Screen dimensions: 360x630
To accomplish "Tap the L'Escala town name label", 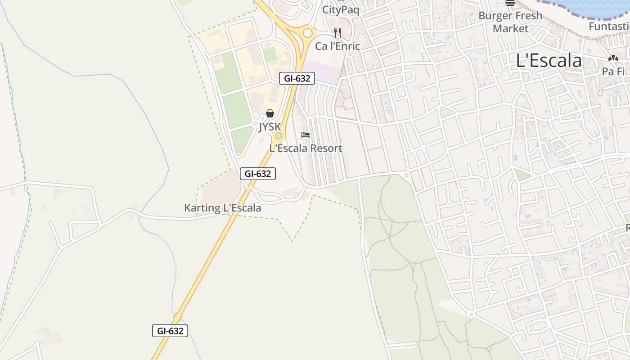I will point(549,60).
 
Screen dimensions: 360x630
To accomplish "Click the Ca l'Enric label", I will point(337,46).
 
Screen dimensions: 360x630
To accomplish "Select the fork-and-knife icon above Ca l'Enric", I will point(337,32).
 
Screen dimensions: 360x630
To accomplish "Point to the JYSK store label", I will point(270,127).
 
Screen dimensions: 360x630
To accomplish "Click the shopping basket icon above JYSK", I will point(270,113).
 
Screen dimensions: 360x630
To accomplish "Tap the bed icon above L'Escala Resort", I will point(306,135).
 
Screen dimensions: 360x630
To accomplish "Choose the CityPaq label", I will point(341,9).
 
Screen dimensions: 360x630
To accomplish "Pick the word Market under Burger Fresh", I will point(510,28).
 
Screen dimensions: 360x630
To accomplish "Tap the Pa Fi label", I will point(613,72).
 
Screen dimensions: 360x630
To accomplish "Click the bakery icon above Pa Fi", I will point(613,58).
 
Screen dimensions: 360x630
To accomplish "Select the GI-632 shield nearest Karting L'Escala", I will point(258,174).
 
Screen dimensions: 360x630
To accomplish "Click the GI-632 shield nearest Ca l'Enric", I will point(297,78).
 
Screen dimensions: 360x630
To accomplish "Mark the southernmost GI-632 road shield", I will point(170,331).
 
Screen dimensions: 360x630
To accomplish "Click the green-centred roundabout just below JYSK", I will point(279,136).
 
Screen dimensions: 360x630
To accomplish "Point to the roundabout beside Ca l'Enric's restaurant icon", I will point(308,33).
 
